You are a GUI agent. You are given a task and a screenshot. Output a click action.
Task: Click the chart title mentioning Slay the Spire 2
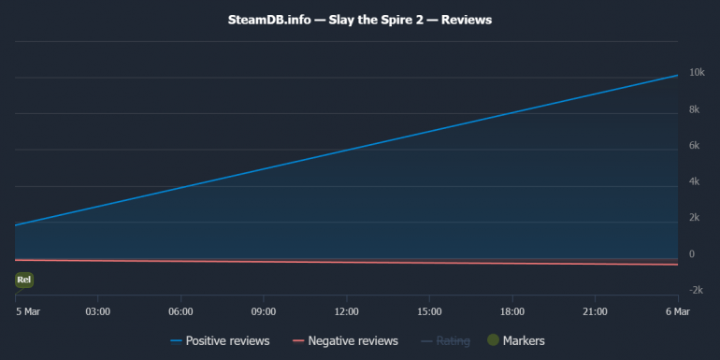(360, 19)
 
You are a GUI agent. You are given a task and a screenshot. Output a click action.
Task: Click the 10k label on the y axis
(697, 73)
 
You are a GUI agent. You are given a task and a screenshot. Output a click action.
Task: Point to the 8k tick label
(695, 109)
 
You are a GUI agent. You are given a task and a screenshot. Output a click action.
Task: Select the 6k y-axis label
(695, 146)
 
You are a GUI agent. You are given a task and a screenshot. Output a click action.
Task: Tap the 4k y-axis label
(695, 181)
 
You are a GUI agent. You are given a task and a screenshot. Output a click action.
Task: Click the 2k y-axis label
(695, 218)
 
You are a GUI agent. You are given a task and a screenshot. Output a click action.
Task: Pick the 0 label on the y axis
(691, 254)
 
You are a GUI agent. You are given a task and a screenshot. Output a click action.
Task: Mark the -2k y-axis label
(697, 290)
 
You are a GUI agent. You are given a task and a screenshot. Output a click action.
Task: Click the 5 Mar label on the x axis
(27, 311)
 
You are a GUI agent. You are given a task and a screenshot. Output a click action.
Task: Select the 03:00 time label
(98, 311)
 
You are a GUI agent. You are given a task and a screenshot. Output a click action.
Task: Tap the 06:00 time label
(180, 311)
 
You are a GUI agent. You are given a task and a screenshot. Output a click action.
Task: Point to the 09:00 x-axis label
(264, 311)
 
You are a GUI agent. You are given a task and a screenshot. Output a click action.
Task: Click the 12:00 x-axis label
(346, 311)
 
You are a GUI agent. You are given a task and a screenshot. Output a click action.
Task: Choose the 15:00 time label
(429, 311)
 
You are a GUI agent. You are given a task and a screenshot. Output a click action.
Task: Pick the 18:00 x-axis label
(512, 311)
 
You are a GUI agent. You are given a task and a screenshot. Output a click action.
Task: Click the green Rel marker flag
(24, 280)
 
